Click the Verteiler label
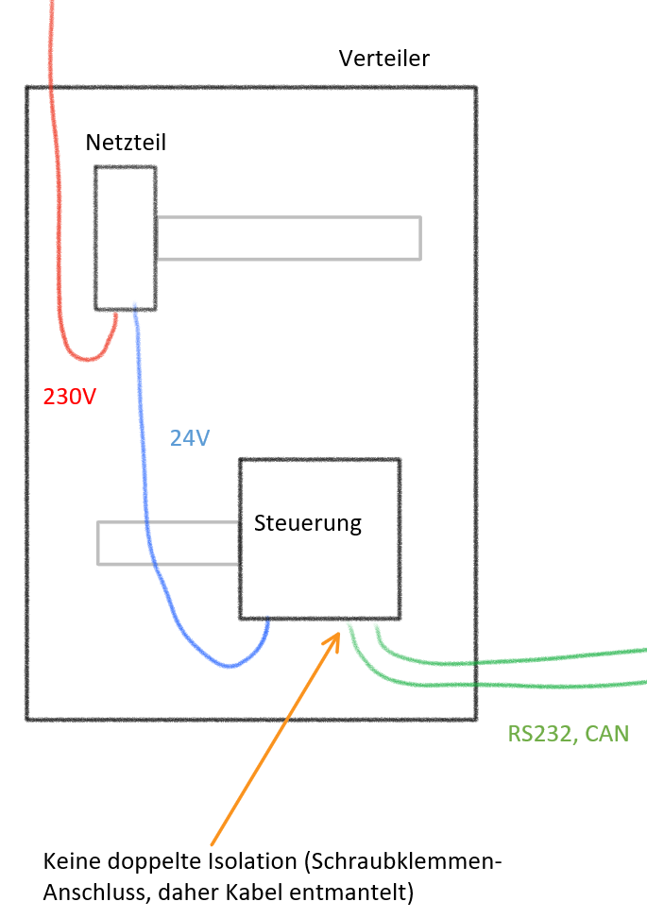pos(383,59)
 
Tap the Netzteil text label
pos(126,143)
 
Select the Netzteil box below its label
pos(125,237)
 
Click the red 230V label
pos(70,397)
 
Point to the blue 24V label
pos(190,437)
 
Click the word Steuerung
pos(308,522)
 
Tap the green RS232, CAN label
pos(568,733)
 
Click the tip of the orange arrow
pos(337,634)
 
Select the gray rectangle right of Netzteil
pos(288,238)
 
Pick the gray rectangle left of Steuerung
pos(168,543)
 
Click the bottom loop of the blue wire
pos(227,665)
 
